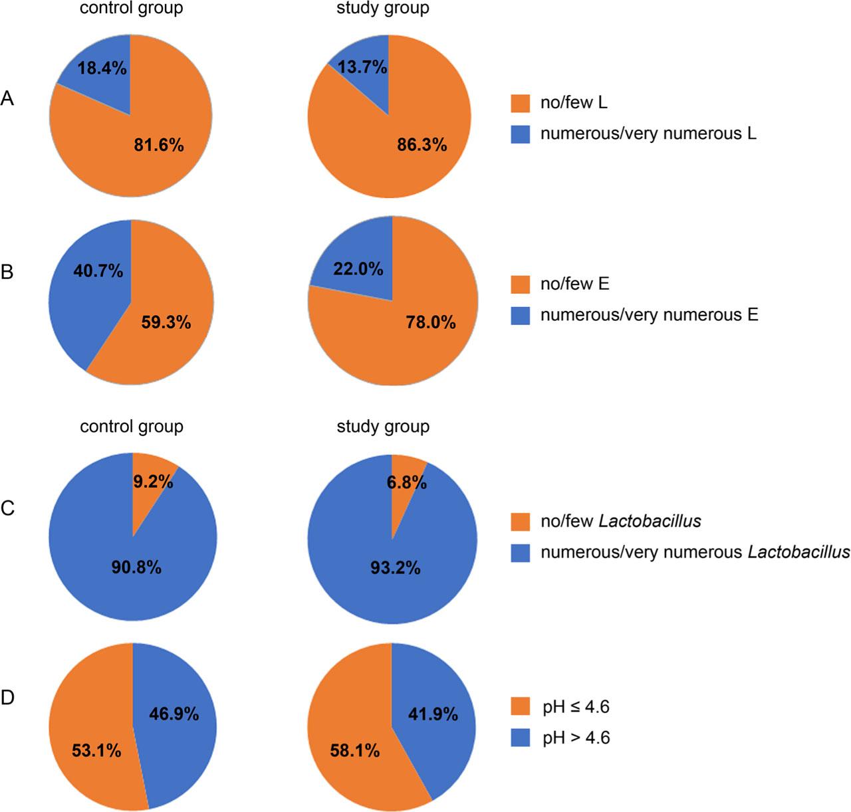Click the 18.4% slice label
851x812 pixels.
click(102, 68)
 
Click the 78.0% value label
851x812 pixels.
click(431, 322)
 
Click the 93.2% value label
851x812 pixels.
click(396, 568)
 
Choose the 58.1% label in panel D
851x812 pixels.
click(354, 751)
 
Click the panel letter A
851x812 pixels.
click(7, 99)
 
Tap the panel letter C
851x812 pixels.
click(7, 509)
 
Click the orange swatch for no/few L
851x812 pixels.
click(520, 103)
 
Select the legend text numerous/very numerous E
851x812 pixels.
click(649, 314)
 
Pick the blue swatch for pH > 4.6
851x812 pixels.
click(520, 737)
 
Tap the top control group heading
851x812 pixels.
click(132, 9)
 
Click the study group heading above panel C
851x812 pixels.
click(383, 426)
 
